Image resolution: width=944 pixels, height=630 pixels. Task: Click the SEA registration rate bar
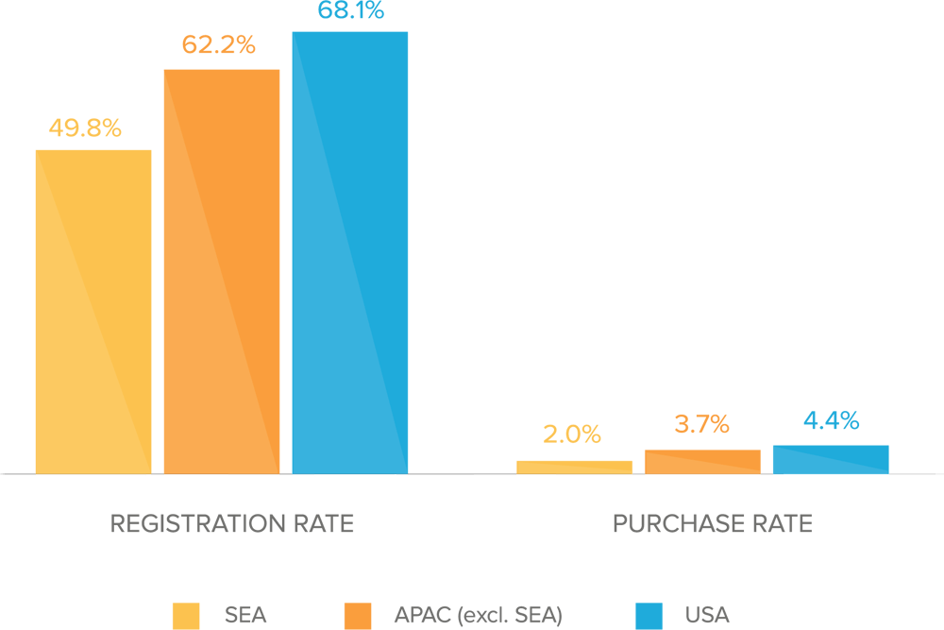pyautogui.click(x=93, y=311)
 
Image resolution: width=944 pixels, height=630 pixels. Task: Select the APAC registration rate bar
pyautogui.click(x=222, y=271)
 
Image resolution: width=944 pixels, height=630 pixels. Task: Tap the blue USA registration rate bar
pyautogui.click(x=350, y=252)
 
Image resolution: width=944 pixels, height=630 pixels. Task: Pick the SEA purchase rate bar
pyautogui.click(x=575, y=467)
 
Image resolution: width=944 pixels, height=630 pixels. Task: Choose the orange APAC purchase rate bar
pyautogui.click(x=702, y=461)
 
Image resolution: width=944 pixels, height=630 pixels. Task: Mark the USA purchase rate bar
pyautogui.click(x=831, y=459)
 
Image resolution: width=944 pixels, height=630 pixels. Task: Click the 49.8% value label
pyautogui.click(x=85, y=128)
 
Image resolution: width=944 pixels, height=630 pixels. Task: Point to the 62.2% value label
pyautogui.click(x=218, y=44)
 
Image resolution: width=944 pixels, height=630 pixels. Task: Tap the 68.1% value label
pyautogui.click(x=351, y=12)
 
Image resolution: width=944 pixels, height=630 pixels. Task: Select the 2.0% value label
pyautogui.click(x=571, y=434)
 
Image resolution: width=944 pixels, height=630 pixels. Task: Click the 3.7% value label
pyautogui.click(x=701, y=425)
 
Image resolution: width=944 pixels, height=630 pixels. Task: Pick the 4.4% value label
pyautogui.click(x=831, y=421)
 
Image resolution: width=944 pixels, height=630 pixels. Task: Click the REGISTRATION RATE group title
pyautogui.click(x=232, y=523)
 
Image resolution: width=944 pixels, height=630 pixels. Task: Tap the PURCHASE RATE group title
pyautogui.click(x=712, y=523)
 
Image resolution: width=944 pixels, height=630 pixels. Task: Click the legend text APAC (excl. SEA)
pyautogui.click(x=478, y=616)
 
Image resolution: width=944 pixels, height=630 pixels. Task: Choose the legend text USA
pyautogui.click(x=707, y=616)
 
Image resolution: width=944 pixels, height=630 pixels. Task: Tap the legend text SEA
pyautogui.click(x=245, y=616)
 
